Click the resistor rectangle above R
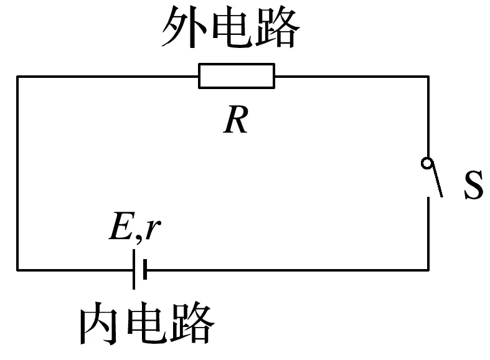[236, 76]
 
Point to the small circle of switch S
[426, 163]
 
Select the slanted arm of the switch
[435, 181]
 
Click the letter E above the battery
[119, 229]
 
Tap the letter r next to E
[153, 230]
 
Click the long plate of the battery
[134, 269]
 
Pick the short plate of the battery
[144, 269]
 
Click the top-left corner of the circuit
[17, 77]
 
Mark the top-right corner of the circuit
[428, 77]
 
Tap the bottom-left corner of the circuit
[17, 270]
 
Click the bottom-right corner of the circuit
[428, 270]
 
